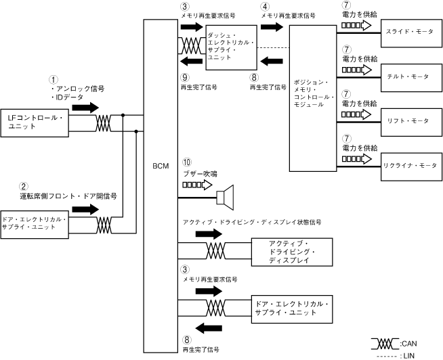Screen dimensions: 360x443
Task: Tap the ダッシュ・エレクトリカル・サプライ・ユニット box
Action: point(232,47)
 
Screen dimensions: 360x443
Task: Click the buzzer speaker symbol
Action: point(224,197)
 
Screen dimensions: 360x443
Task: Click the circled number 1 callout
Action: point(55,79)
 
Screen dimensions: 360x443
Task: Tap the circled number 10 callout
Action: point(188,163)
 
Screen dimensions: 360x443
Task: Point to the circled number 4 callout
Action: point(265,6)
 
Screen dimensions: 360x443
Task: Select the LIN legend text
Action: point(408,354)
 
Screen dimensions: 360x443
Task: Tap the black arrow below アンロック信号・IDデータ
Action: point(85,108)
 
